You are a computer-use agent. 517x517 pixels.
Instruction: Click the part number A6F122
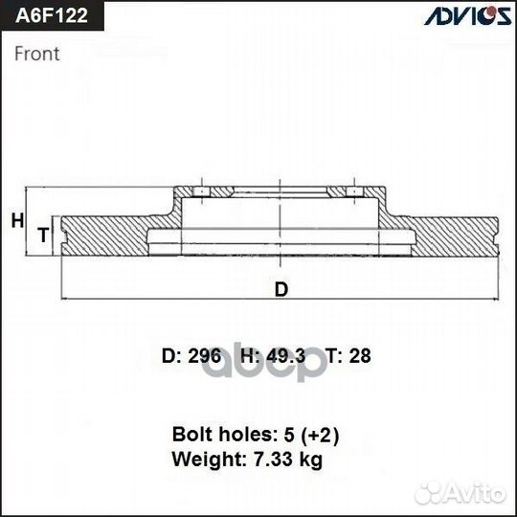click(x=47, y=17)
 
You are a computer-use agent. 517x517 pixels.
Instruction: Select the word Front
click(x=36, y=54)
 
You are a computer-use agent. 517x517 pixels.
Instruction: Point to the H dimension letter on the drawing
click(x=16, y=221)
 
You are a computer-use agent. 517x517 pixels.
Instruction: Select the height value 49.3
click(x=286, y=356)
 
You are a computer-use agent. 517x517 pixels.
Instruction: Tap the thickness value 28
click(x=360, y=356)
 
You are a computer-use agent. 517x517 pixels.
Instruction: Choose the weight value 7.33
click(x=272, y=460)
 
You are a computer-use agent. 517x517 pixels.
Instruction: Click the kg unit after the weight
click(x=309, y=461)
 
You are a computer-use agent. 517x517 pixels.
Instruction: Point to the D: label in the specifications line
click(x=170, y=356)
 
